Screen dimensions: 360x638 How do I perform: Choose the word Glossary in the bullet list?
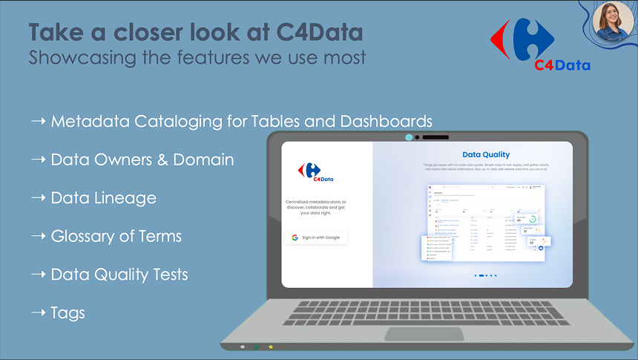(84, 237)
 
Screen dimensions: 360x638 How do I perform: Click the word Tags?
(68, 313)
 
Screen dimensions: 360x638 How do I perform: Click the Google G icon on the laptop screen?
(295, 238)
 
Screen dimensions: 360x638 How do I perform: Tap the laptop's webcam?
(408, 137)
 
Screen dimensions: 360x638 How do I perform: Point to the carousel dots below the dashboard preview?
(484, 275)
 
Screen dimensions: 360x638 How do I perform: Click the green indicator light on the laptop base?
(257, 347)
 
